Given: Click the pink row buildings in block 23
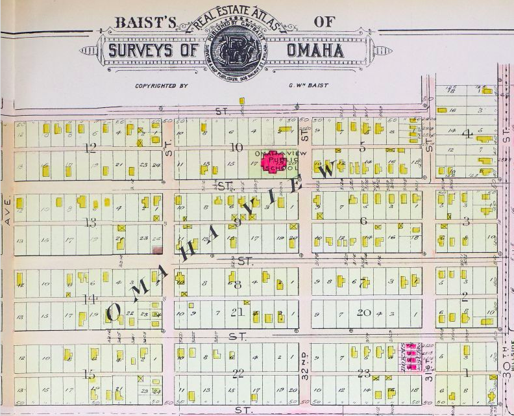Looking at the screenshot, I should click(x=410, y=357).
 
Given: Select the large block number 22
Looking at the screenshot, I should click(x=238, y=373).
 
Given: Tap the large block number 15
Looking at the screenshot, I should click(x=89, y=375).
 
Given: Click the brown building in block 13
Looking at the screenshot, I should click(x=156, y=250).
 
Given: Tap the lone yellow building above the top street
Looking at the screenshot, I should click(x=241, y=101).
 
